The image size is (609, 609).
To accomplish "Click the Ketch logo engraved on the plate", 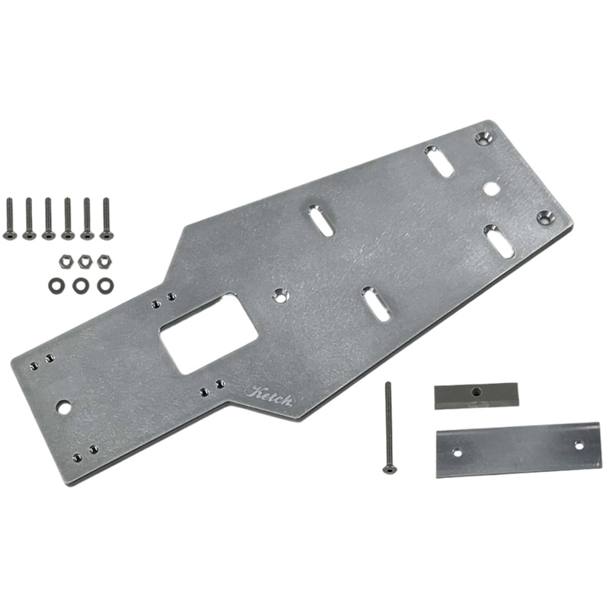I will (x=268, y=394).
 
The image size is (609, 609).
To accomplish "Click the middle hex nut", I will (x=84, y=261).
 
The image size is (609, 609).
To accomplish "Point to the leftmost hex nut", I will (x=65, y=262).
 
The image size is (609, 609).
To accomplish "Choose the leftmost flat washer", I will (x=56, y=285).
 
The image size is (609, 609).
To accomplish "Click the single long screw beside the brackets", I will (x=388, y=426).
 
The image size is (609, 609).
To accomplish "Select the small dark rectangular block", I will (x=475, y=395).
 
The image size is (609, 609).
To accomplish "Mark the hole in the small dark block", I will (x=476, y=392).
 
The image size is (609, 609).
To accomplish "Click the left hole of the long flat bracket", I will (x=458, y=453).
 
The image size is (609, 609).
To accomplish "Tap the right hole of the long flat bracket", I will (x=579, y=445).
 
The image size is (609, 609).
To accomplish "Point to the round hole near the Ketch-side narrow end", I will (x=64, y=408).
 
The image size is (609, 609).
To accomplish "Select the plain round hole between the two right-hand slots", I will (x=492, y=187).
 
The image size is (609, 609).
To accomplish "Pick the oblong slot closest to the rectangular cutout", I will (x=375, y=303).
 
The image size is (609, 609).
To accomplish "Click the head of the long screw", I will (x=389, y=468).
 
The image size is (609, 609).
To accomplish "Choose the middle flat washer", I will (x=81, y=285).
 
